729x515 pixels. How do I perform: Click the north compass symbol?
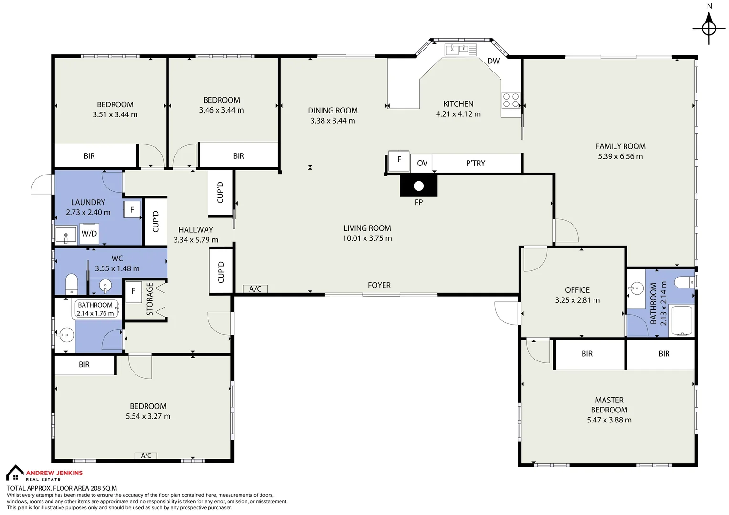709,28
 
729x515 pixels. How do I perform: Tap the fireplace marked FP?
418,186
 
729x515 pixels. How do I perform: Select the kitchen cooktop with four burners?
510,100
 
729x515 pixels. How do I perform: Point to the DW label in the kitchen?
493,61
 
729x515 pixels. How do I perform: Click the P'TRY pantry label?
476,163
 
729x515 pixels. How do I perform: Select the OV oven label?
422,163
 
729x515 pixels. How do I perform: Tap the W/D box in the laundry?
89,234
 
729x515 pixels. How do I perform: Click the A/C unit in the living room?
255,288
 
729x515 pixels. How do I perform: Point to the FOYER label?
379,285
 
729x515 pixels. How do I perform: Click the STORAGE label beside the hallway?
150,299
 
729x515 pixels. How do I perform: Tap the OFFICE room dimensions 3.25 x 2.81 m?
577,300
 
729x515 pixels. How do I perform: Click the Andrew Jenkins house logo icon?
15,473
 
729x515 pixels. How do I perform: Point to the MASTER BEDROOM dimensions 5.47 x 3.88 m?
609,420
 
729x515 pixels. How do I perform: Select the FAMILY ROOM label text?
620,146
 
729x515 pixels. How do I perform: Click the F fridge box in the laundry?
132,209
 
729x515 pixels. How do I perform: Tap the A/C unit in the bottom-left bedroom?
146,456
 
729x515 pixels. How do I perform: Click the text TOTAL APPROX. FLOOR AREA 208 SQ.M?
62,488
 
